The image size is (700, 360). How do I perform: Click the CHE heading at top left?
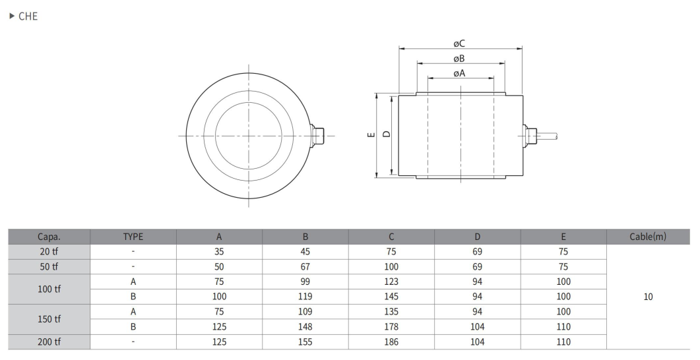(x=28, y=16)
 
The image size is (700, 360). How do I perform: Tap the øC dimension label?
(x=459, y=44)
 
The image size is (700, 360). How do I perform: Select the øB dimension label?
(x=459, y=59)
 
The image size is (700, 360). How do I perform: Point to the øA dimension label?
(x=459, y=73)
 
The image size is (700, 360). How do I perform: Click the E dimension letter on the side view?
(x=371, y=135)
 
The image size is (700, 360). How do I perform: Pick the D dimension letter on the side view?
(x=387, y=134)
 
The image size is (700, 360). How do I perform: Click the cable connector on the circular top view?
(x=317, y=136)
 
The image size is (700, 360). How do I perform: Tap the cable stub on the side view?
(x=548, y=136)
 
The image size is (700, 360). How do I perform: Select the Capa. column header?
(x=49, y=237)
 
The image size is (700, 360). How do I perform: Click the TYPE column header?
(x=133, y=237)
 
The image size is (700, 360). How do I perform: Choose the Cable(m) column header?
(x=648, y=237)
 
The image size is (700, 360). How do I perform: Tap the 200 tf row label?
(x=49, y=342)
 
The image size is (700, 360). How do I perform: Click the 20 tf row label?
(x=49, y=252)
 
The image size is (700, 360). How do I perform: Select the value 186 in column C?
(x=391, y=342)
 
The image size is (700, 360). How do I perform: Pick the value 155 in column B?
(x=305, y=342)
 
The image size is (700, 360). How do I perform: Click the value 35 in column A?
(x=219, y=252)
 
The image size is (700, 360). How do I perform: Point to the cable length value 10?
(x=649, y=297)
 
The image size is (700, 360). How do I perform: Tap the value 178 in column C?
(x=391, y=326)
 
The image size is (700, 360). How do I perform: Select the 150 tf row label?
(x=49, y=319)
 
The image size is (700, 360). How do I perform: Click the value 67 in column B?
(x=305, y=267)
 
